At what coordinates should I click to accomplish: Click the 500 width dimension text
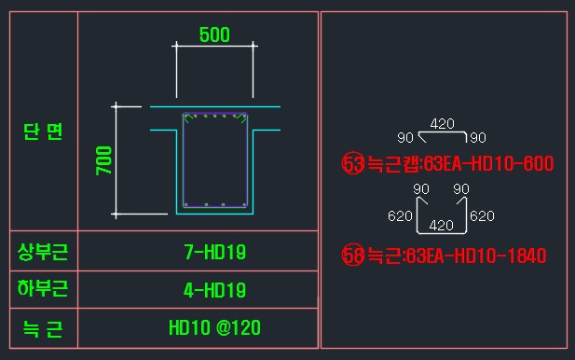[214, 35]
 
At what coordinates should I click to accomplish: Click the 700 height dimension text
[103, 160]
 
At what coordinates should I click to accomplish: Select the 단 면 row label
[43, 132]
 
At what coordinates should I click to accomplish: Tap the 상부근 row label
[43, 252]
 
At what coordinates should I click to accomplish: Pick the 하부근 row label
[43, 288]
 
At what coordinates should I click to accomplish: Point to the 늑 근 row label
[43, 328]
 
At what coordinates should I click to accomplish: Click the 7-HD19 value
[215, 253]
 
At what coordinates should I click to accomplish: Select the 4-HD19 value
[215, 290]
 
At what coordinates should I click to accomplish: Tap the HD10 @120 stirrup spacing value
[215, 327]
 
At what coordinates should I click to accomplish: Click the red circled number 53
[353, 163]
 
